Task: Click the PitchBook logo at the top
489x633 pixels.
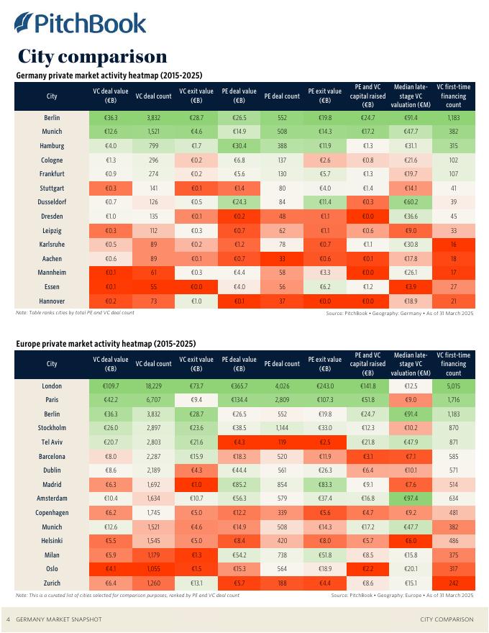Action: pos(80,23)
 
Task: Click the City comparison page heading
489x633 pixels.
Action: pos(92,56)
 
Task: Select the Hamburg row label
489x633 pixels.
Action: pos(52,146)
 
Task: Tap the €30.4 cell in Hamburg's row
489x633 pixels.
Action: pos(239,146)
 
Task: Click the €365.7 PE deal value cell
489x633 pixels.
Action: pos(239,386)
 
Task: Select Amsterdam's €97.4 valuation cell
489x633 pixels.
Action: pos(411,498)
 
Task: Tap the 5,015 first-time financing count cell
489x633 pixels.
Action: pos(453,386)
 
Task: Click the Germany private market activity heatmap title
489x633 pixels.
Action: pos(109,76)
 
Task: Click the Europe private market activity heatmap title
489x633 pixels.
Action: pos(106,344)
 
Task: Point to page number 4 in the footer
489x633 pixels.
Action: pos(8,619)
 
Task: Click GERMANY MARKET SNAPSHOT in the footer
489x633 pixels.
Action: pos(59,619)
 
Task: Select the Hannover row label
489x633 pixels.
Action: pos(52,301)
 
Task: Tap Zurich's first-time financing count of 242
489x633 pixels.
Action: pos(453,583)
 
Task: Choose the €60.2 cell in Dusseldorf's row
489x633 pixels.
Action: pos(411,202)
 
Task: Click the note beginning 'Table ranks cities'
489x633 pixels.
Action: pos(75,313)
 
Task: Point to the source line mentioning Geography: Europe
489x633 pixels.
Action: pos(402,596)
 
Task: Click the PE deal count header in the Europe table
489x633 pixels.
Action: pos(282,364)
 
